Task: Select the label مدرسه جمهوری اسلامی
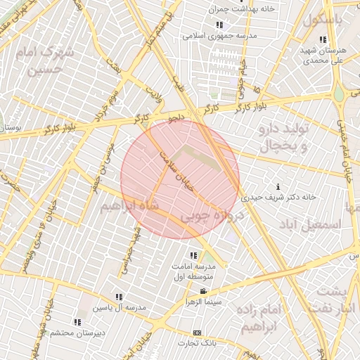pyautogui.click(x=221, y=34)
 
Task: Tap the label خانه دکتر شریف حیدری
pyautogui.click(x=279, y=198)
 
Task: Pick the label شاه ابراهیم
pyautogui.click(x=130, y=206)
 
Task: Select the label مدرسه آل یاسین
pyautogui.click(x=120, y=308)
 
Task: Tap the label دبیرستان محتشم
pyautogui.click(x=78, y=332)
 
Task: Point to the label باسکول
pyautogui.click(x=323, y=20)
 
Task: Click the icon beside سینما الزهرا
pyautogui.click(x=203, y=291)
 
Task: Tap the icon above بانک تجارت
pyautogui.click(x=197, y=333)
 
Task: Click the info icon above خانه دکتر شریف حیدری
pyautogui.click(x=279, y=187)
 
